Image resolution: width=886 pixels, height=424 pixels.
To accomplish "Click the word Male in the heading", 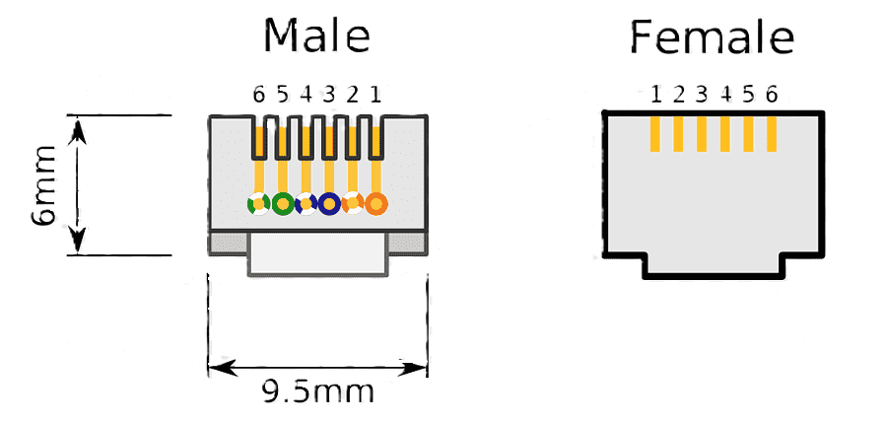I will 316,36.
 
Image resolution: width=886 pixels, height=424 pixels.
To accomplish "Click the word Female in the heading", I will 712,38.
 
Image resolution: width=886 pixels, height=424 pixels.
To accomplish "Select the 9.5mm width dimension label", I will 317,391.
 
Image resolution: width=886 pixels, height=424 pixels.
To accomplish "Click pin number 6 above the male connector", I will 258,95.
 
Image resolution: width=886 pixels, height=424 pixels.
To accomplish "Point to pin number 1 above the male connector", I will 375,95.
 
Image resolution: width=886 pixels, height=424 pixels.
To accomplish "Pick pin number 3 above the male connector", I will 329,95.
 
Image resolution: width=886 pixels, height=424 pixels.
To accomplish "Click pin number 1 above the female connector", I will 656,95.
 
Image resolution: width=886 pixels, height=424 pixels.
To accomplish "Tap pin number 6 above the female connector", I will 772,95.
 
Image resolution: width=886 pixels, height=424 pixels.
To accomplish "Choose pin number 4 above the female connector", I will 726,95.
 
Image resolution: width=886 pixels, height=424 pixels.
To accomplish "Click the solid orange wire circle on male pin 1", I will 376,204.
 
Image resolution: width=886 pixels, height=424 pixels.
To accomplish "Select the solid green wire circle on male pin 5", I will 283,204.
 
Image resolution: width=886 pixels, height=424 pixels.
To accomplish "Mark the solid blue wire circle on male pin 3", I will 329,204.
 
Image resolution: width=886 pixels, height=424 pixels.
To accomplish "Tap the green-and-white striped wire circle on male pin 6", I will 258,204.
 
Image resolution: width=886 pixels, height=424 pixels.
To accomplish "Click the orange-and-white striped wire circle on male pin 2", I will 352,204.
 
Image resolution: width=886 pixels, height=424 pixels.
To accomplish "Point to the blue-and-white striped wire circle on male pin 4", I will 306,204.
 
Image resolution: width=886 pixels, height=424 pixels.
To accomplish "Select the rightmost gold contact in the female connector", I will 772,133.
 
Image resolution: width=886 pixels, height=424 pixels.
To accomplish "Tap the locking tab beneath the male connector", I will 317,254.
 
